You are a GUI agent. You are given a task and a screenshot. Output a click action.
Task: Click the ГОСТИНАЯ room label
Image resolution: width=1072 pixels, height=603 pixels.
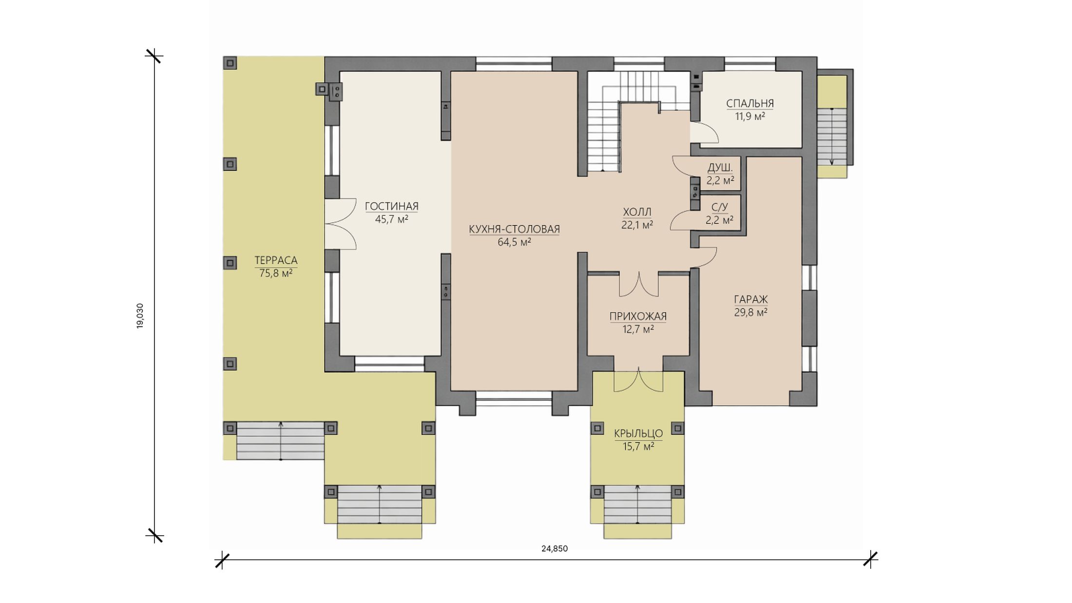point(392,207)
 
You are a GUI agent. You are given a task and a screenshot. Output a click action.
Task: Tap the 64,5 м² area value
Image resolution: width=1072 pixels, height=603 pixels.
point(514,242)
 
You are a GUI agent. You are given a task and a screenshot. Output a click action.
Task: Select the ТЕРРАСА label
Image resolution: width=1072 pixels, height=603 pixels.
point(276,261)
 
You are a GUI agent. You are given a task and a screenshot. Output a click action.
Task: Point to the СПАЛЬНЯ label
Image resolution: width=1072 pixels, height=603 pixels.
point(750,103)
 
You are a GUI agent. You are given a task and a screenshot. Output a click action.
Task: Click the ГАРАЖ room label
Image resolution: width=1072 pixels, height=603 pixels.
point(751,300)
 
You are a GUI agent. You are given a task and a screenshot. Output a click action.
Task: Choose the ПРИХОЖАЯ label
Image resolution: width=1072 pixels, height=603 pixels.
point(638,317)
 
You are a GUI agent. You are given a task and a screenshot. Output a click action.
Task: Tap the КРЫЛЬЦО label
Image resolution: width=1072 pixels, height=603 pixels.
point(638,433)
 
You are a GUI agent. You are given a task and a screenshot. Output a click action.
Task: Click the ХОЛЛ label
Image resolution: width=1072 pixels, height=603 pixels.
point(637,212)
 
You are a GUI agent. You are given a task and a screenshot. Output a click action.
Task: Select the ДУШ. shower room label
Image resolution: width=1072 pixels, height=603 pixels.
point(720,168)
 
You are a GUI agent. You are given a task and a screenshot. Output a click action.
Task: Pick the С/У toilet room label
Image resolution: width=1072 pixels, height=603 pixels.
point(720,207)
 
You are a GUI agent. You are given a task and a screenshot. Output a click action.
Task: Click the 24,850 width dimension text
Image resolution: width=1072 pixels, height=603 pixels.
point(555,548)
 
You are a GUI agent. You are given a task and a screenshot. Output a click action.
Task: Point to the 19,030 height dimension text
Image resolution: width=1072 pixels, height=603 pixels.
point(140,316)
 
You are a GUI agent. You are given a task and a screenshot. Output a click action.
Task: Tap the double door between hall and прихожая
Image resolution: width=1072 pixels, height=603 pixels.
point(639,284)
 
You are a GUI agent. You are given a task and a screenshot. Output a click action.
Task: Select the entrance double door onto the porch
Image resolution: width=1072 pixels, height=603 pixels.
point(638,380)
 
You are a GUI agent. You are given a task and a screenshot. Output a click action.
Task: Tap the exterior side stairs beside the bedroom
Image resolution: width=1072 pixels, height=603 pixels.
point(832,137)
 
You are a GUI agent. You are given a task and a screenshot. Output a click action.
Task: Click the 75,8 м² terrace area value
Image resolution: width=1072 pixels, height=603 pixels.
point(276,273)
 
